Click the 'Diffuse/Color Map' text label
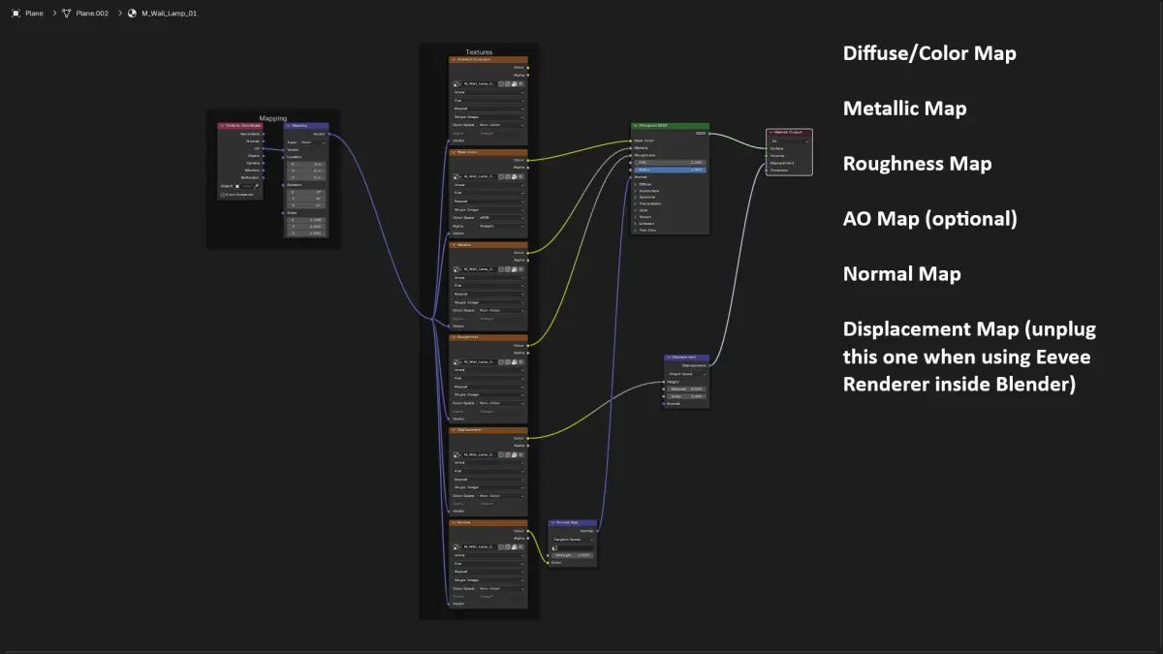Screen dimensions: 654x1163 929,53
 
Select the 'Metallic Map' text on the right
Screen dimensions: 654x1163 904,109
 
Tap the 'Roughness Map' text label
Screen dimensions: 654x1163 917,164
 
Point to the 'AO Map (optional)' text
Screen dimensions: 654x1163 929,219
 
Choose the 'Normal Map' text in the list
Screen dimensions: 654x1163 901,274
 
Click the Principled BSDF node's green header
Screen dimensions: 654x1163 670,126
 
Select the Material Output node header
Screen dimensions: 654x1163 789,132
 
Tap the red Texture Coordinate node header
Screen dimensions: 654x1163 241,125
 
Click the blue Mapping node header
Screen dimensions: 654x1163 305,125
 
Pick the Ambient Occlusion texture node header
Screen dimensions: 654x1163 487,59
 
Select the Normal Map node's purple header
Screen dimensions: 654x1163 572,522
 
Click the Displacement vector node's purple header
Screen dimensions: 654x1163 686,358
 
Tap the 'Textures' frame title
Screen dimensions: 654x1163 479,51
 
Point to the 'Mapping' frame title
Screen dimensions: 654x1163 272,118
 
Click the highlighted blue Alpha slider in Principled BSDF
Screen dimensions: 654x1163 670,170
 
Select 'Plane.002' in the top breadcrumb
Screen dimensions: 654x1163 92,14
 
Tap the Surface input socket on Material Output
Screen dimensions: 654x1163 768,148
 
